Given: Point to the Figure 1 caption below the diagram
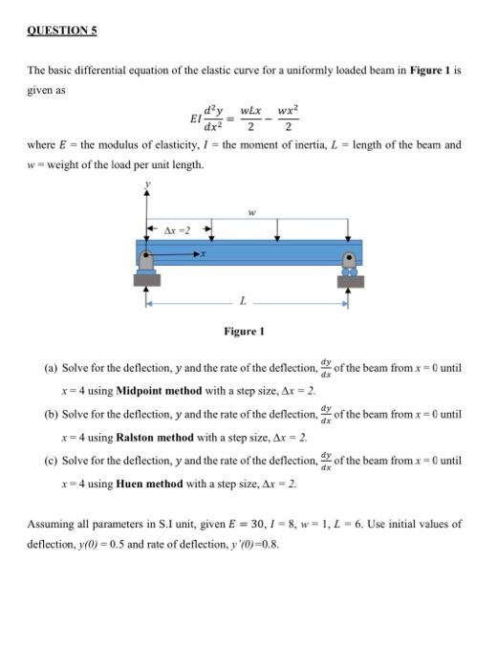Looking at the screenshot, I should pos(243,331).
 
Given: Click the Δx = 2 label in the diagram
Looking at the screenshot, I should pos(178,230).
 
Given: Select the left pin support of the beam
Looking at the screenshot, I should pos(146,272).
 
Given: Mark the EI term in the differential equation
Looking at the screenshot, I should pos(196,120).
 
